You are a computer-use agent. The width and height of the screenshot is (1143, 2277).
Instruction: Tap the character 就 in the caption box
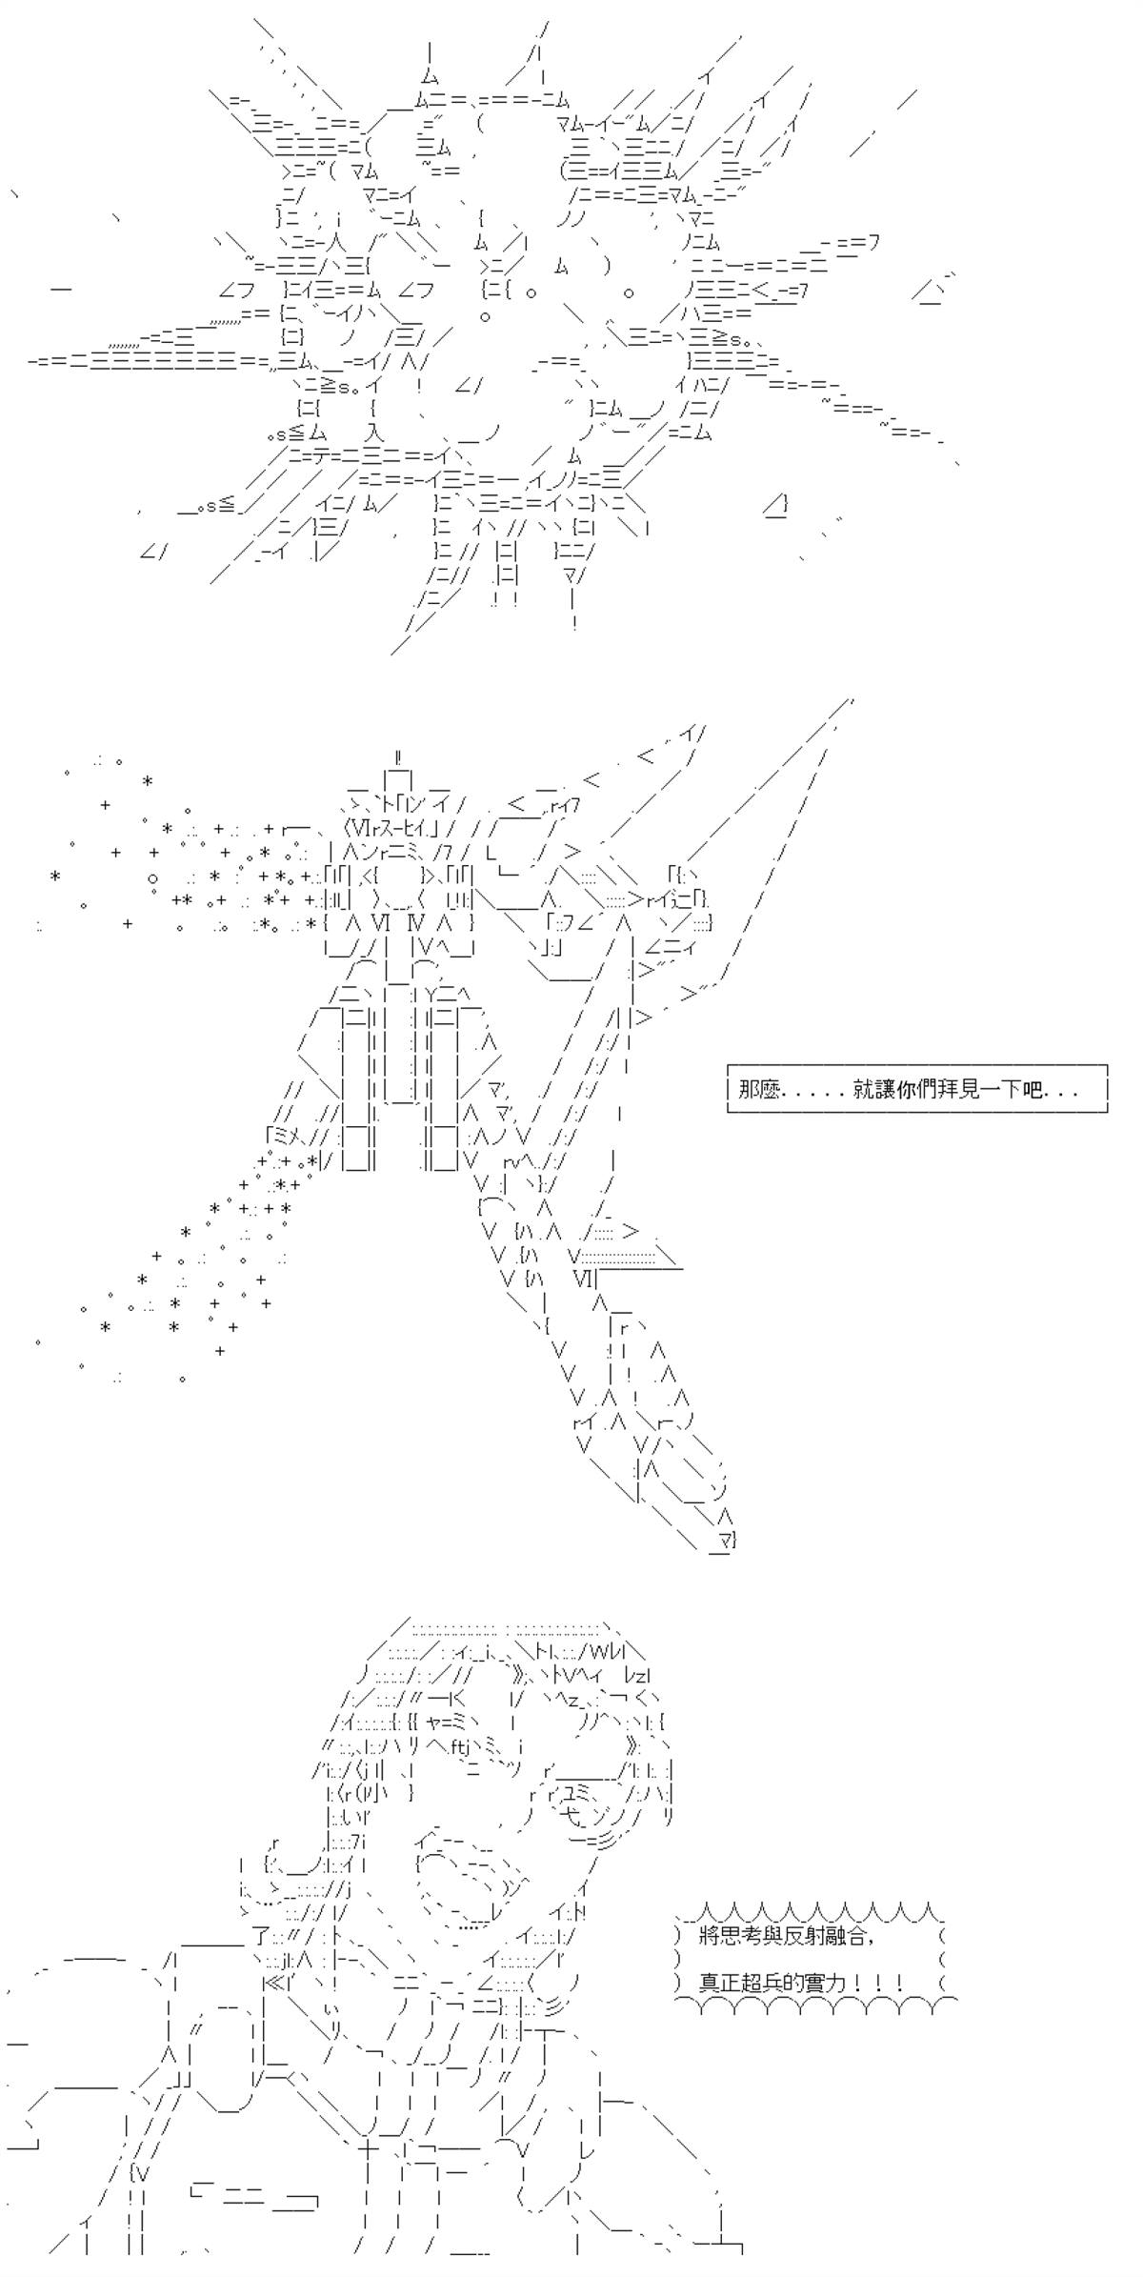[x=864, y=1090]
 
